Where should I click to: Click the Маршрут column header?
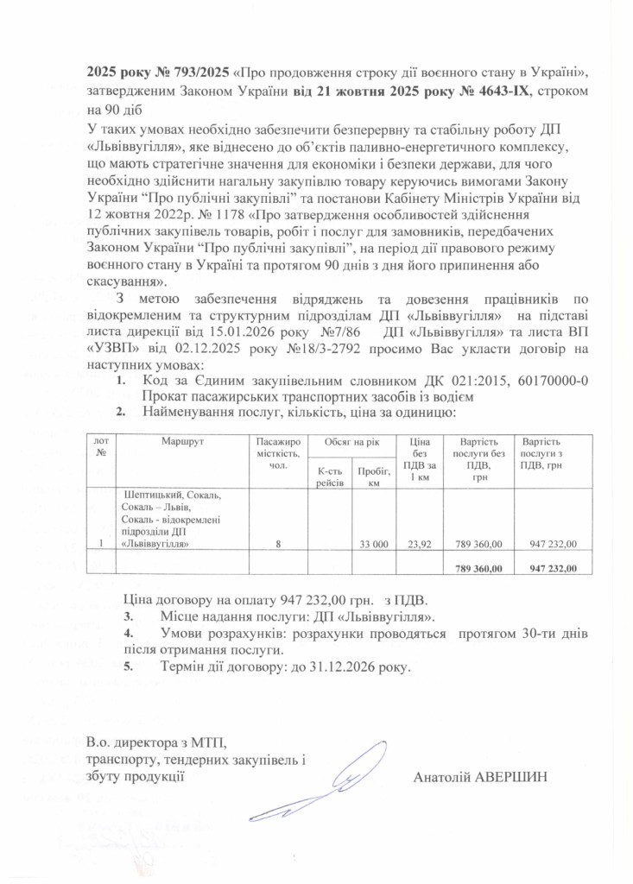[181, 441]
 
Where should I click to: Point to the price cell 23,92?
[419, 545]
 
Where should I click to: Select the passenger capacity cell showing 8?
[277, 545]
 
